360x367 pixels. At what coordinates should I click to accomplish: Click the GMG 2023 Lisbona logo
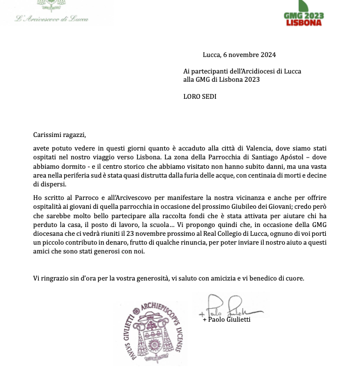(304, 13)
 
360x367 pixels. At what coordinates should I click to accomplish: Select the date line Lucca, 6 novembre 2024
(239, 55)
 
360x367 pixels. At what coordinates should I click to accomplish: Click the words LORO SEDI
(200, 96)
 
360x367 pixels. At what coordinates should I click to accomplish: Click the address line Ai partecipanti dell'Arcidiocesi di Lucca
(242, 71)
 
